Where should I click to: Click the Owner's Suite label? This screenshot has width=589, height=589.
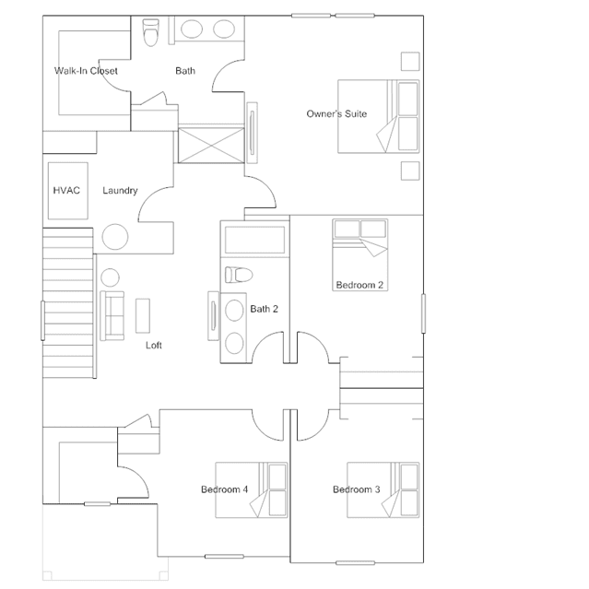[336, 113]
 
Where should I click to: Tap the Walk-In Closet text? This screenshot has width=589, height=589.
[86, 71]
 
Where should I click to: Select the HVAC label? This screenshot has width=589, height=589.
[66, 191]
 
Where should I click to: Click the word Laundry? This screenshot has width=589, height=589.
[120, 191]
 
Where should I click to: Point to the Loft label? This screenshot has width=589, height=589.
[154, 346]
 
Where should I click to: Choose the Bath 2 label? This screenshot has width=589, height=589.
[264, 309]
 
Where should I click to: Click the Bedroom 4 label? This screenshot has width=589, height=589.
[224, 489]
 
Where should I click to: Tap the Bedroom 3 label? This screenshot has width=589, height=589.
[357, 489]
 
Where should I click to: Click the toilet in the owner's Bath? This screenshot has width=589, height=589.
[151, 32]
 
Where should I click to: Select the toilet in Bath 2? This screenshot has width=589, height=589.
[239, 275]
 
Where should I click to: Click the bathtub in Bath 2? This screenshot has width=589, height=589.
[254, 240]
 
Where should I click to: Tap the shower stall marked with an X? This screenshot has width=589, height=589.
[211, 145]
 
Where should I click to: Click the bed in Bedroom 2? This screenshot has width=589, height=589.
[359, 254]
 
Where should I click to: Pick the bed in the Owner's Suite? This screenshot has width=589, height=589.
[378, 116]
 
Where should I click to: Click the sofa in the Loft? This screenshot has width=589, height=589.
[112, 316]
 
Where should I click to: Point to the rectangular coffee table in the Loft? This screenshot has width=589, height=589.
[143, 315]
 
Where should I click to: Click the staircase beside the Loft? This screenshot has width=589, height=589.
[68, 302]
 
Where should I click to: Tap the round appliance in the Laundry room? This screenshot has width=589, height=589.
[115, 237]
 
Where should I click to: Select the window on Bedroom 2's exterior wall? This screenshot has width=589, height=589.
[423, 313]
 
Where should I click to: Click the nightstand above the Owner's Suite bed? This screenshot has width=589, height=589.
[410, 61]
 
